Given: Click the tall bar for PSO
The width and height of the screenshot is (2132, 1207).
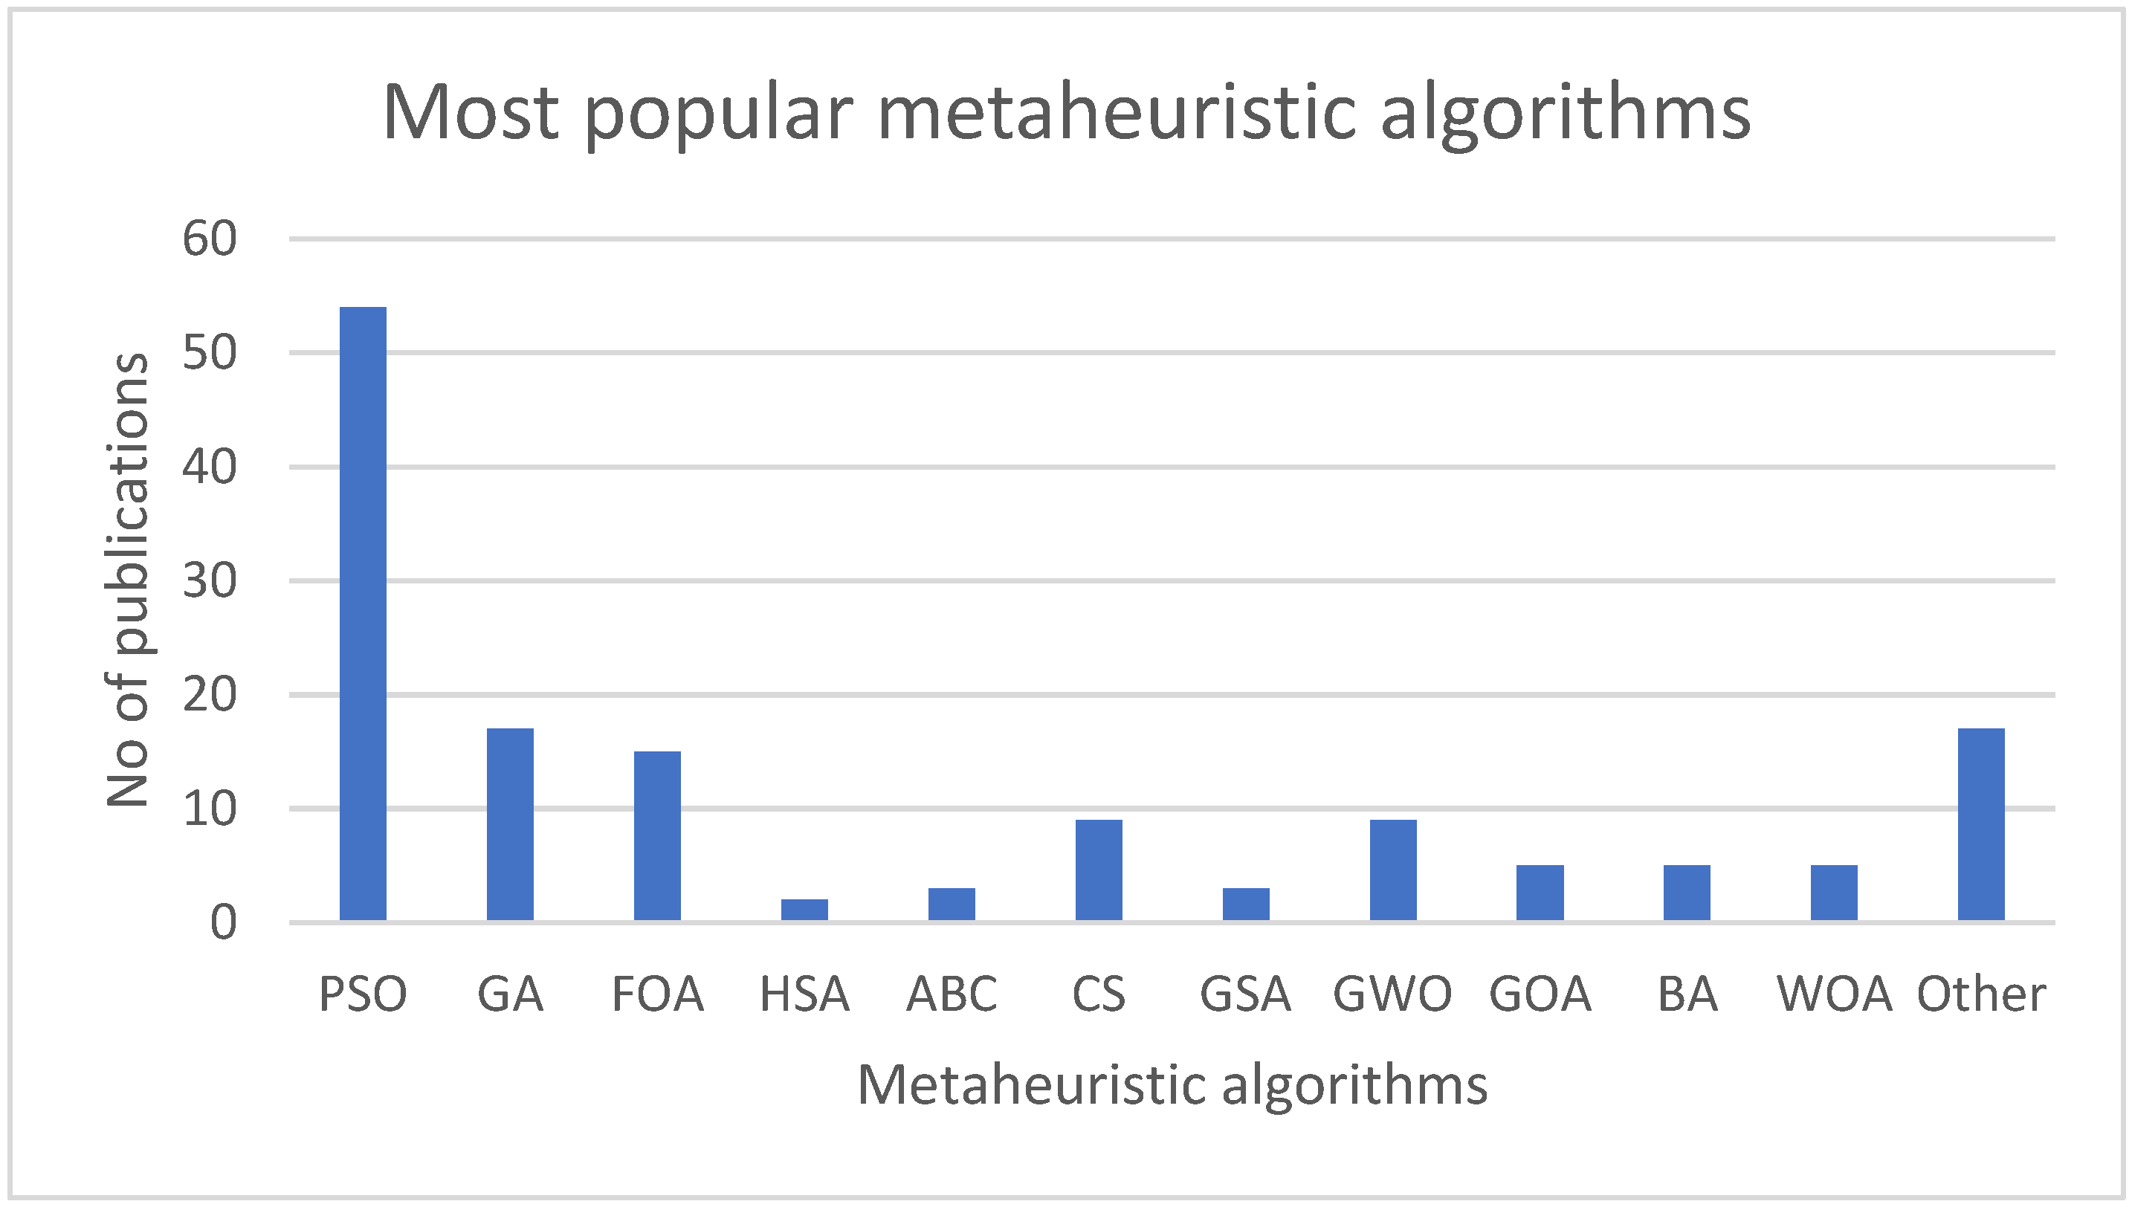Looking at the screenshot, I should click(x=362, y=613).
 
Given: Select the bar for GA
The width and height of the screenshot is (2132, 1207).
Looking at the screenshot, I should click(x=510, y=824).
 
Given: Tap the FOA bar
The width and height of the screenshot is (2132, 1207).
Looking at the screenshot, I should click(x=657, y=835).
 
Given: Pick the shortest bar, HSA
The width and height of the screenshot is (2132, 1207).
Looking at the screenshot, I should click(x=804, y=910).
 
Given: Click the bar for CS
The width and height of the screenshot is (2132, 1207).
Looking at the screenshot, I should click(x=1098, y=870).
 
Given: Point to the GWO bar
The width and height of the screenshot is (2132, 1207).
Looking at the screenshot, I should click(x=1392, y=870).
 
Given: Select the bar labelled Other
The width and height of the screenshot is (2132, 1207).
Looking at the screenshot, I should click(x=1981, y=824).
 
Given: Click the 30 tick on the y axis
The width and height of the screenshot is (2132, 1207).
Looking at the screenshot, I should click(x=210, y=581).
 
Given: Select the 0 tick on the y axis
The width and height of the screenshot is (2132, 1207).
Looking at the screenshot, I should click(x=223, y=922).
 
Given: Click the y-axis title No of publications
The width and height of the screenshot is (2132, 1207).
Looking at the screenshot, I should click(x=129, y=580).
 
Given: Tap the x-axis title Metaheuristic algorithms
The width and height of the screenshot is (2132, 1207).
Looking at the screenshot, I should click(x=1172, y=1085).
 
